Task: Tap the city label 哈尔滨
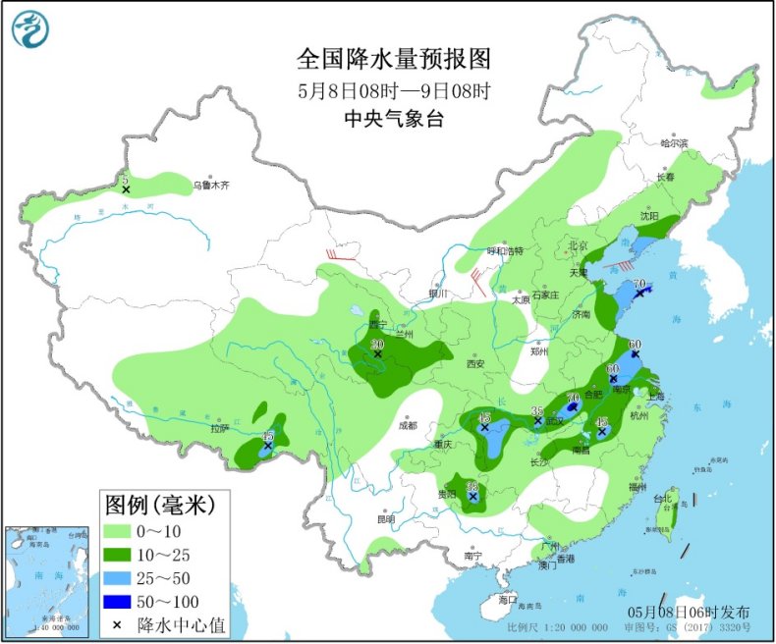coord(674,143)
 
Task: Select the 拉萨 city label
coord(219,428)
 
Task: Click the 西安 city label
coord(475,363)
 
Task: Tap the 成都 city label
coord(408,425)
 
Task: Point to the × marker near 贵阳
coord(473,497)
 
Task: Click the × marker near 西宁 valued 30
coord(378,353)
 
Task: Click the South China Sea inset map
coord(46,579)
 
